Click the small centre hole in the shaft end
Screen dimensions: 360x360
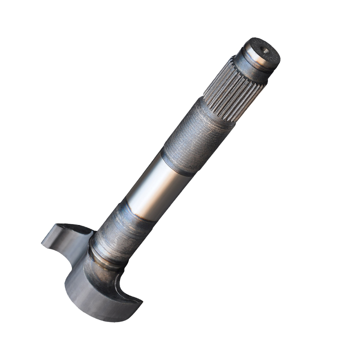(x=265, y=50)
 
